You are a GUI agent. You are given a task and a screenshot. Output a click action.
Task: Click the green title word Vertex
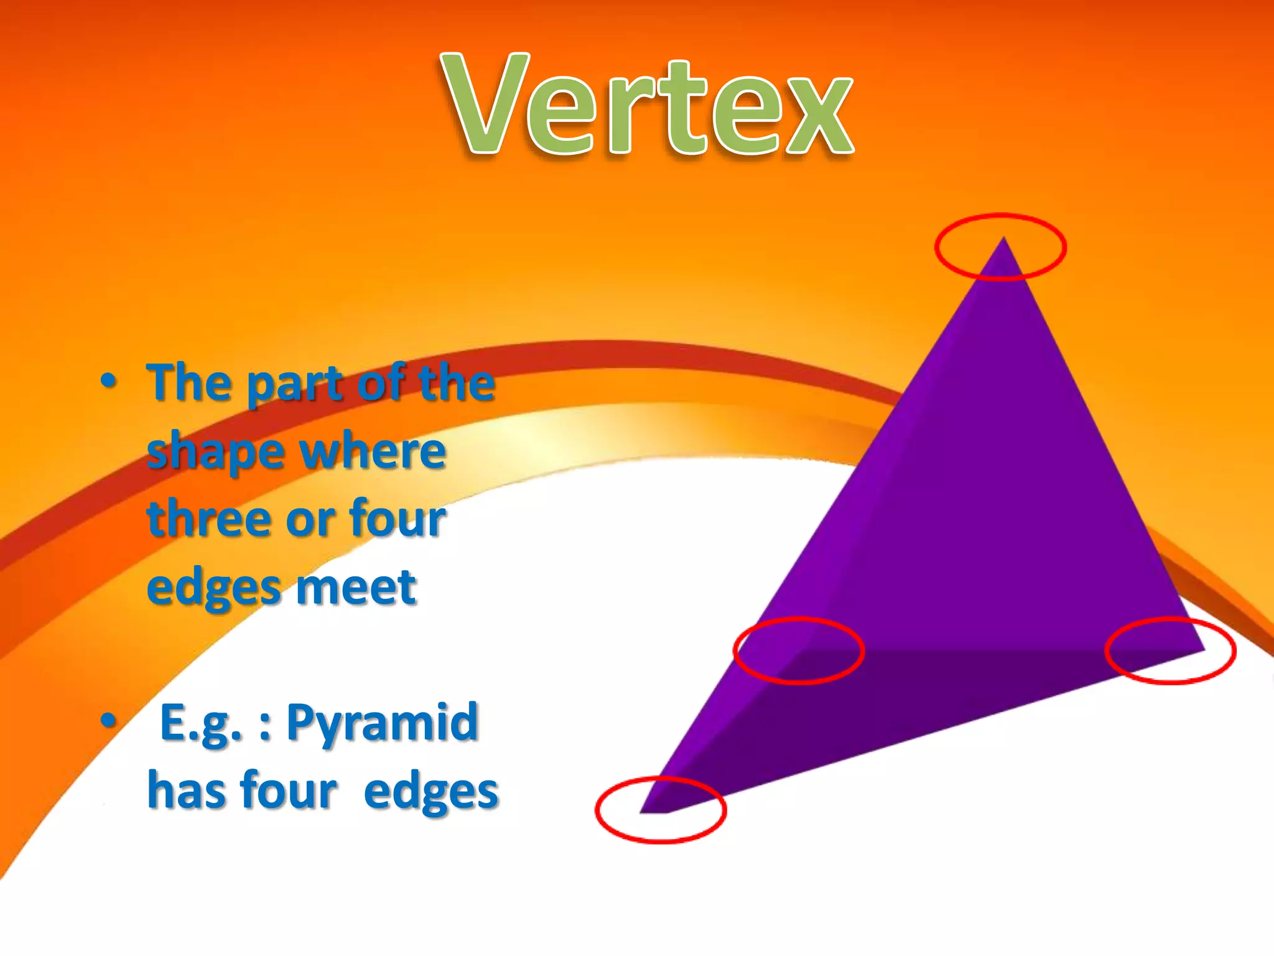tap(647, 105)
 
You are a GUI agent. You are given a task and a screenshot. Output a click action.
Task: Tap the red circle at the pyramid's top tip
tap(1000, 247)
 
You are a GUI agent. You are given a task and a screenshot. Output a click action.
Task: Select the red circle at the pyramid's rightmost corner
tap(1170, 650)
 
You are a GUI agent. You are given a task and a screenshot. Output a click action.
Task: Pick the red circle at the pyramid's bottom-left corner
tap(661, 810)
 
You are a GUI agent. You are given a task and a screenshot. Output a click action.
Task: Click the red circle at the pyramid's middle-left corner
tap(799, 651)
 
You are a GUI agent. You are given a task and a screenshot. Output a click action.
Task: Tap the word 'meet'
tap(356, 587)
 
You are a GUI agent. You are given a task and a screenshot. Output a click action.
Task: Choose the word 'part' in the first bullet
tap(295, 384)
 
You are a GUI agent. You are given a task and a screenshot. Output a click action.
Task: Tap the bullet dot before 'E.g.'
tap(108, 721)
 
